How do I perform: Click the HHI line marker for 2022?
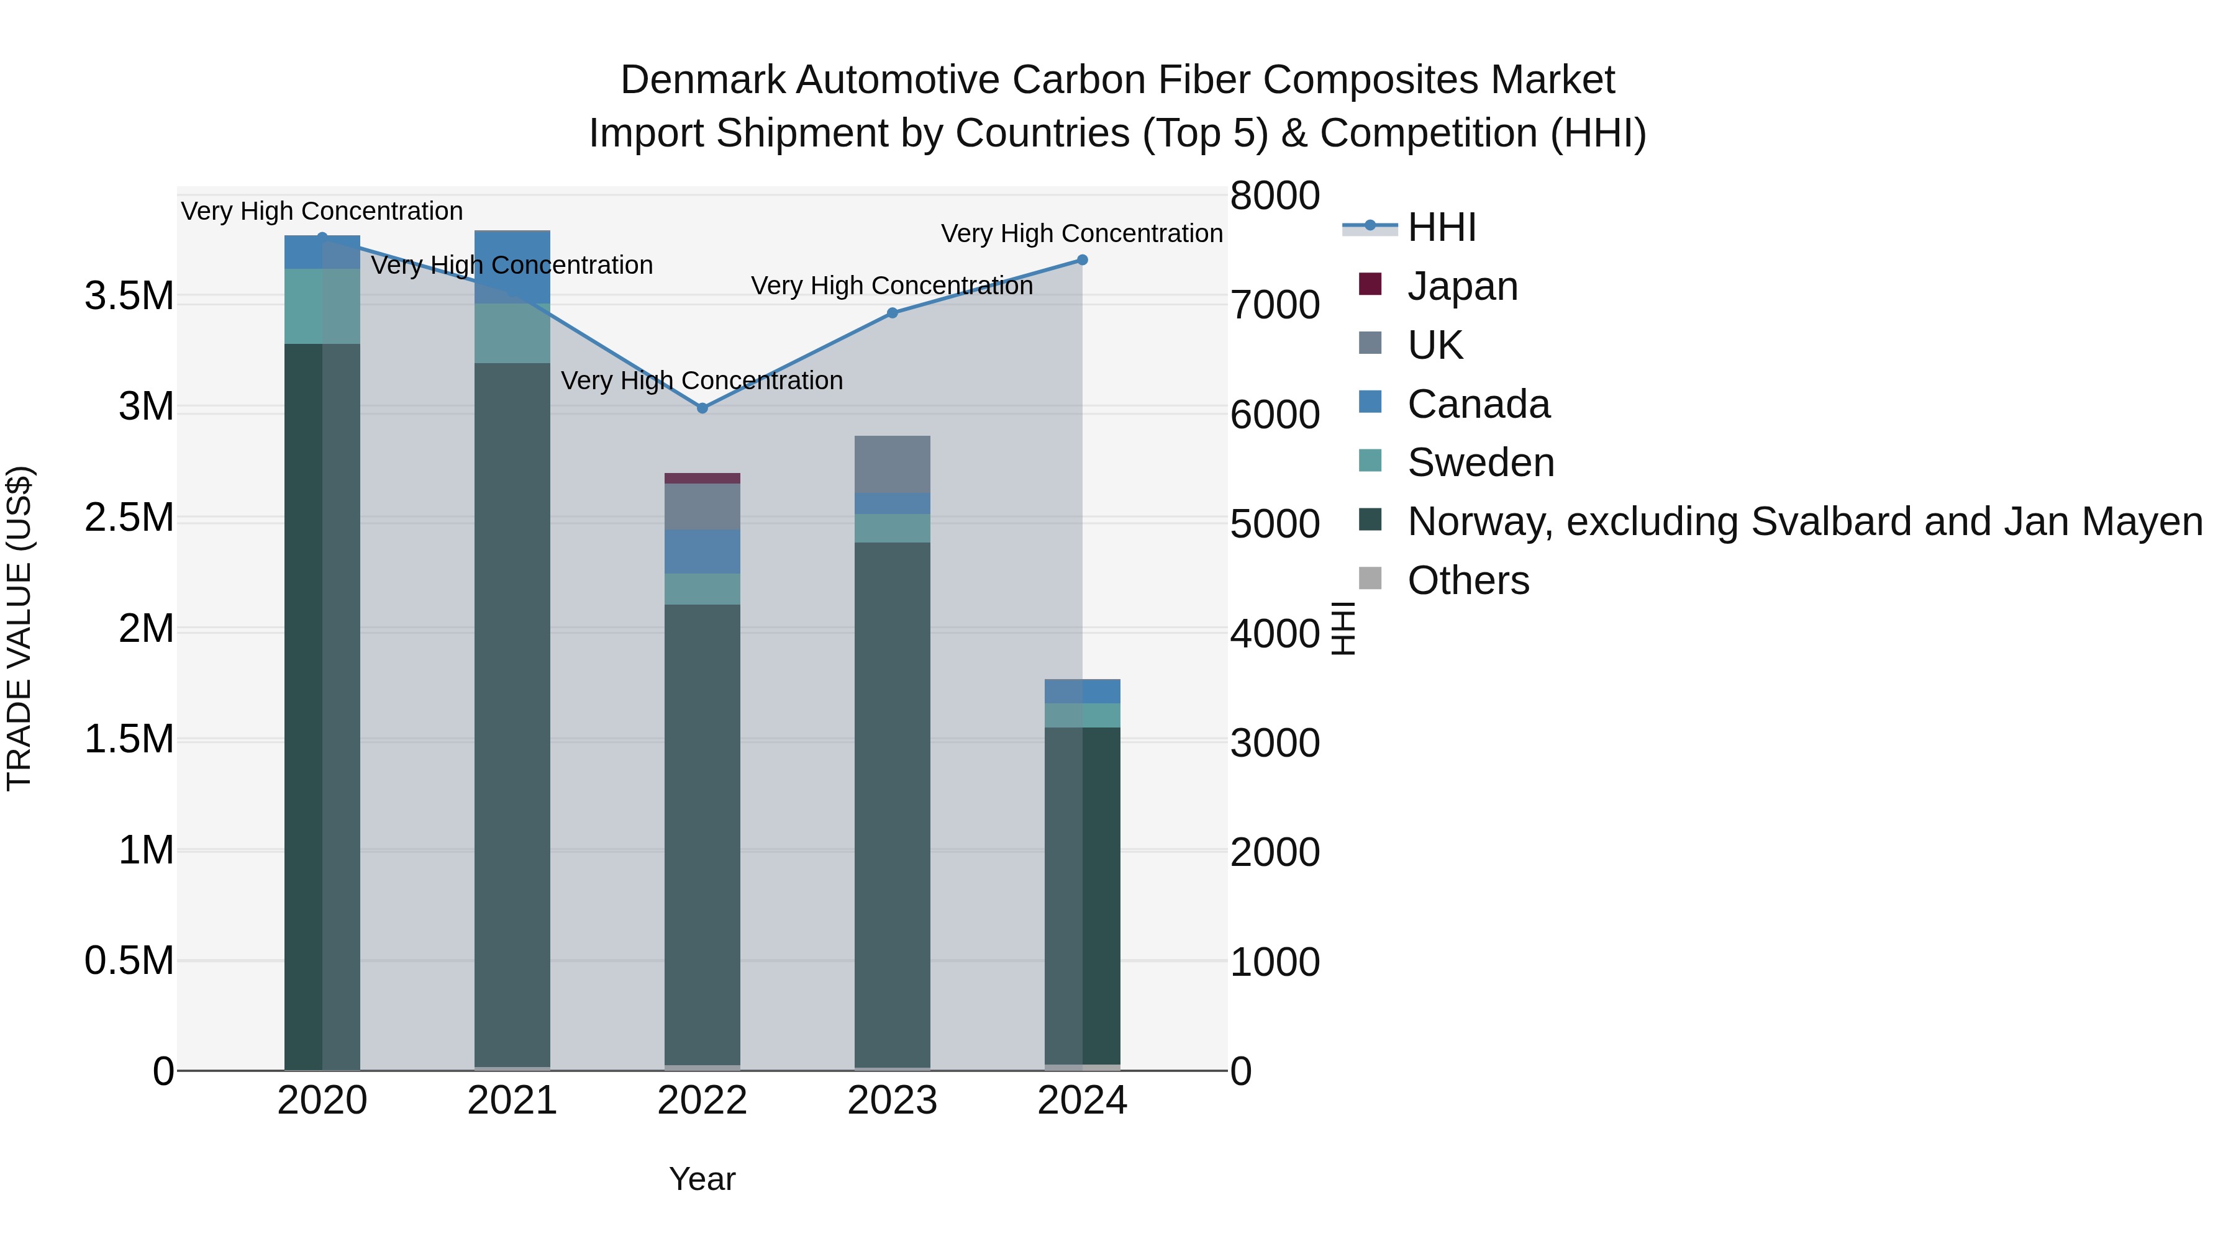point(702,408)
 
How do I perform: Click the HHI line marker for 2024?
point(1083,259)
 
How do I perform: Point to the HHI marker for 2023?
point(893,313)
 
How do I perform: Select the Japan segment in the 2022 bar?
point(702,478)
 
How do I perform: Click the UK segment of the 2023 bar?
point(893,464)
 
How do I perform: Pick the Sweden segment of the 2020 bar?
point(322,306)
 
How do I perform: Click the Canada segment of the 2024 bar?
point(1083,692)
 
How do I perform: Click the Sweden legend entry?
point(1480,462)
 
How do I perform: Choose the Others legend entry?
point(1468,580)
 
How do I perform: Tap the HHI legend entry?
point(1441,227)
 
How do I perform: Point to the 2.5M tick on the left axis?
point(129,518)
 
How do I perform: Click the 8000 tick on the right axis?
point(1275,196)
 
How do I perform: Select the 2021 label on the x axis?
point(512,1101)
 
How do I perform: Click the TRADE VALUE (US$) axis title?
point(19,628)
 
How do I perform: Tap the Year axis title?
point(702,1179)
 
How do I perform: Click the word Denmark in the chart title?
point(702,80)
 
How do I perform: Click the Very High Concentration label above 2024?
point(1081,233)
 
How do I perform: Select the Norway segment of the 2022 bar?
point(702,833)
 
